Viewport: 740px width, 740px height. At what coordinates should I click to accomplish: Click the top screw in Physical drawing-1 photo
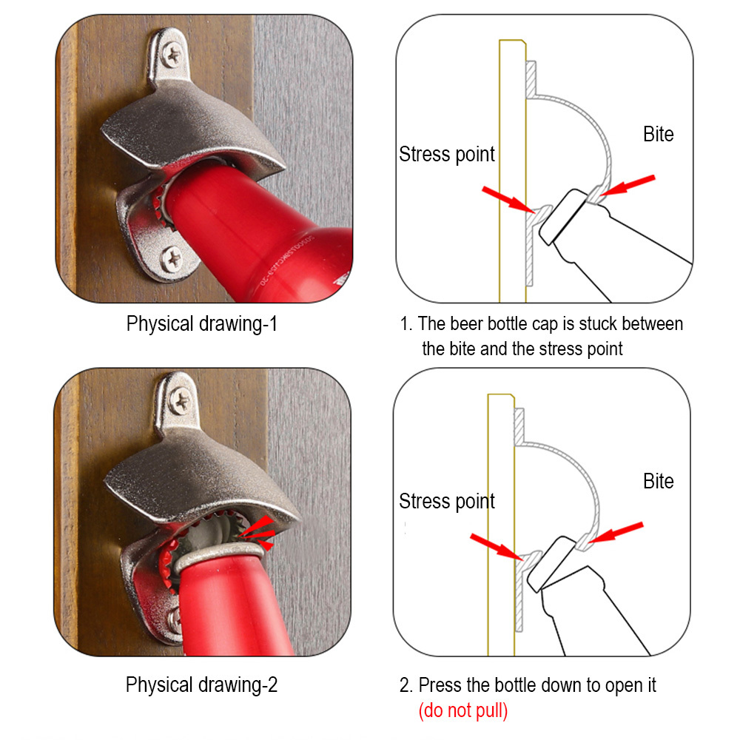172,54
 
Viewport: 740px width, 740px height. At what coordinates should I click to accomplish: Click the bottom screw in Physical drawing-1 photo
172,259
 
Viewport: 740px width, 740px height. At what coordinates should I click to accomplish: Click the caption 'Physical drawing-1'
201,324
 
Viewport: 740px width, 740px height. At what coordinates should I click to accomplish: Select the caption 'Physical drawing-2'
201,684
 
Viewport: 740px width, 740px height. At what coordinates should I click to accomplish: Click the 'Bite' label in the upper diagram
659,135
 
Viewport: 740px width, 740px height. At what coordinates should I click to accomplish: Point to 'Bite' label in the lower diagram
659,482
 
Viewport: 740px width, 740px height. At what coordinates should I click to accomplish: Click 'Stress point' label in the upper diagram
447,155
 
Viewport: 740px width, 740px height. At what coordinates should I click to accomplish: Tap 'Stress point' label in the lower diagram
447,502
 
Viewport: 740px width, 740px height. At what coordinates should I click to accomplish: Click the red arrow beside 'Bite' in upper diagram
628,186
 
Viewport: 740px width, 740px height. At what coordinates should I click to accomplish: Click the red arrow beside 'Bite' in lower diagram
616,532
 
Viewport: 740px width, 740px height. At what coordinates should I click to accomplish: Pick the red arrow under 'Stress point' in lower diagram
497,547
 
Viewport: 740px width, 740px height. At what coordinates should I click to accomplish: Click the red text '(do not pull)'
463,710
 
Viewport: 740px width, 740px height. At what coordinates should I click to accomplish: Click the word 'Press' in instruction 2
440,685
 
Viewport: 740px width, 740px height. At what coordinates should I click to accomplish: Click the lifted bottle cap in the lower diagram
551,563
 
